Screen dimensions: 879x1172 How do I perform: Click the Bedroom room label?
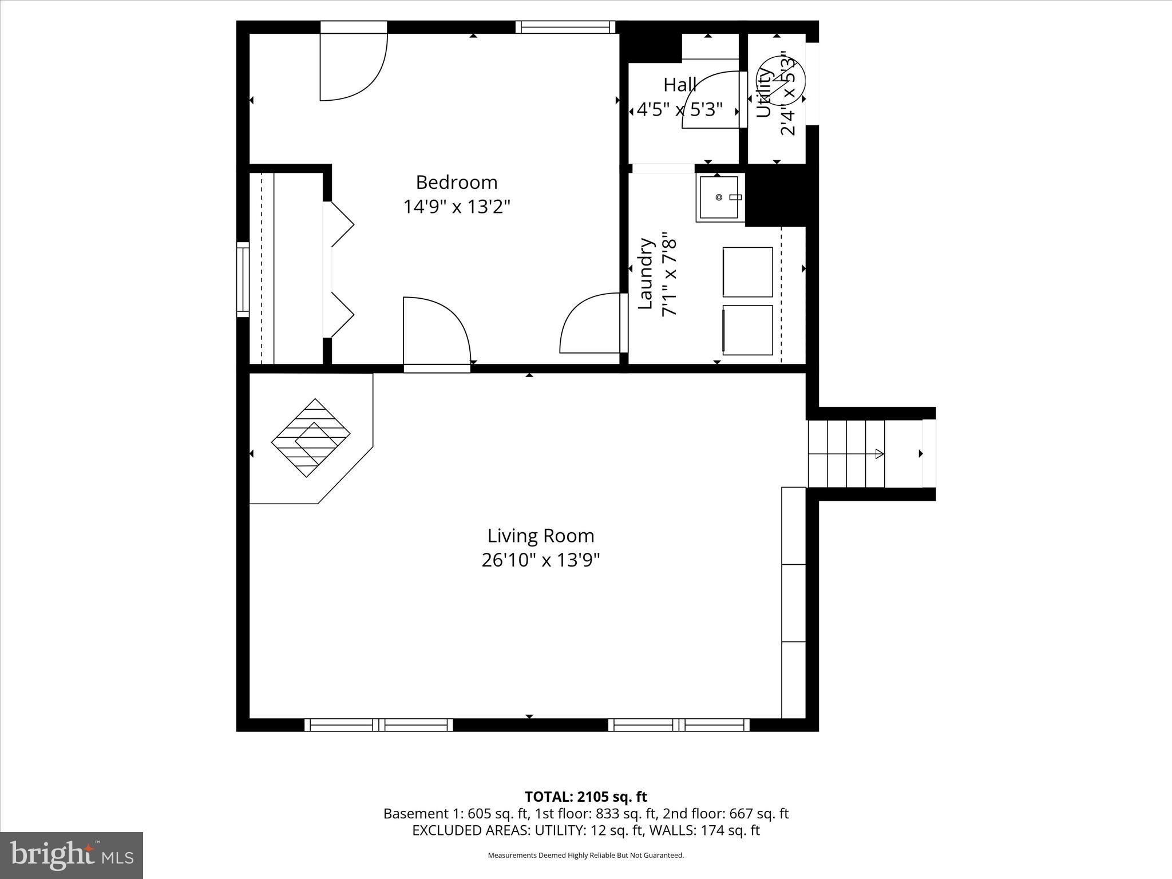(456, 182)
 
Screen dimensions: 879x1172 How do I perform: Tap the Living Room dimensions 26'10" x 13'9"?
(540, 560)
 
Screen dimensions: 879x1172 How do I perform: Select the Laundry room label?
(646, 274)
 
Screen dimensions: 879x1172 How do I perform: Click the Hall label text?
(680, 85)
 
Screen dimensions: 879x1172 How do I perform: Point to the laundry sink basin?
(718, 198)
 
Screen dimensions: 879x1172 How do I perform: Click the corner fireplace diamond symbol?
(311, 438)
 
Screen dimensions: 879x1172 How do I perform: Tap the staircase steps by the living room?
(846, 453)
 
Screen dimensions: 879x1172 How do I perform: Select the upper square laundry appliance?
(747, 272)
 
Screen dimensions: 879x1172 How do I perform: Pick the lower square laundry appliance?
(747, 330)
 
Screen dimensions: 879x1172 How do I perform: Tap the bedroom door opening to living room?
(436, 332)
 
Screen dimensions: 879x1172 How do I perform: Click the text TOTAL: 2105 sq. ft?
(585, 797)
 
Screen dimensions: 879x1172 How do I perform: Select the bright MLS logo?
(72, 855)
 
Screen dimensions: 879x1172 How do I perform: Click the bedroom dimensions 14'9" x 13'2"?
(456, 207)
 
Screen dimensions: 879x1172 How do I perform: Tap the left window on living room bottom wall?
(378, 725)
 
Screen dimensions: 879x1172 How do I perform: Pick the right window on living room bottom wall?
(679, 725)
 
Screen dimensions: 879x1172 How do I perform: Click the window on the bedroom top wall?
(565, 27)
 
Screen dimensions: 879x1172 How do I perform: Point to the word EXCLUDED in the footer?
(448, 830)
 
